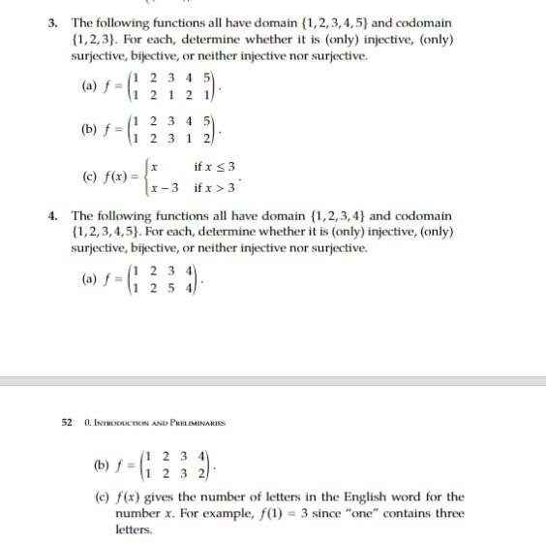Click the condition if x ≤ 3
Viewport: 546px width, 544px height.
215,168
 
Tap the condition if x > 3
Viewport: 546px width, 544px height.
215,185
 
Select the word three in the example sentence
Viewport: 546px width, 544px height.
448,513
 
